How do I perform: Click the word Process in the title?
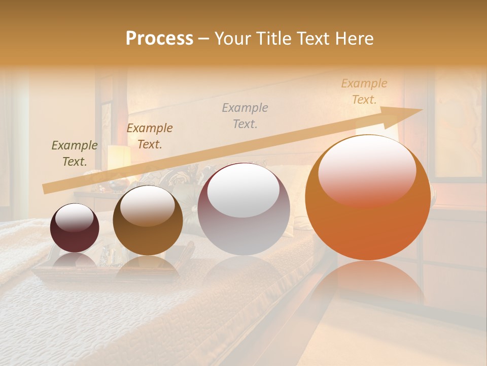pyautogui.click(x=159, y=39)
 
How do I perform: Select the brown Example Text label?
pyautogui.click(x=150, y=136)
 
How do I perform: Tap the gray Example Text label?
pyautogui.click(x=245, y=115)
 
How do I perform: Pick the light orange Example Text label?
pyautogui.click(x=364, y=91)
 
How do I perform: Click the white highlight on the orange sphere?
pyautogui.click(x=367, y=163)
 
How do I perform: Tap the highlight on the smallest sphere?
pyautogui.click(x=74, y=218)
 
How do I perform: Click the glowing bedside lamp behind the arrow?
pyautogui.click(x=118, y=158)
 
